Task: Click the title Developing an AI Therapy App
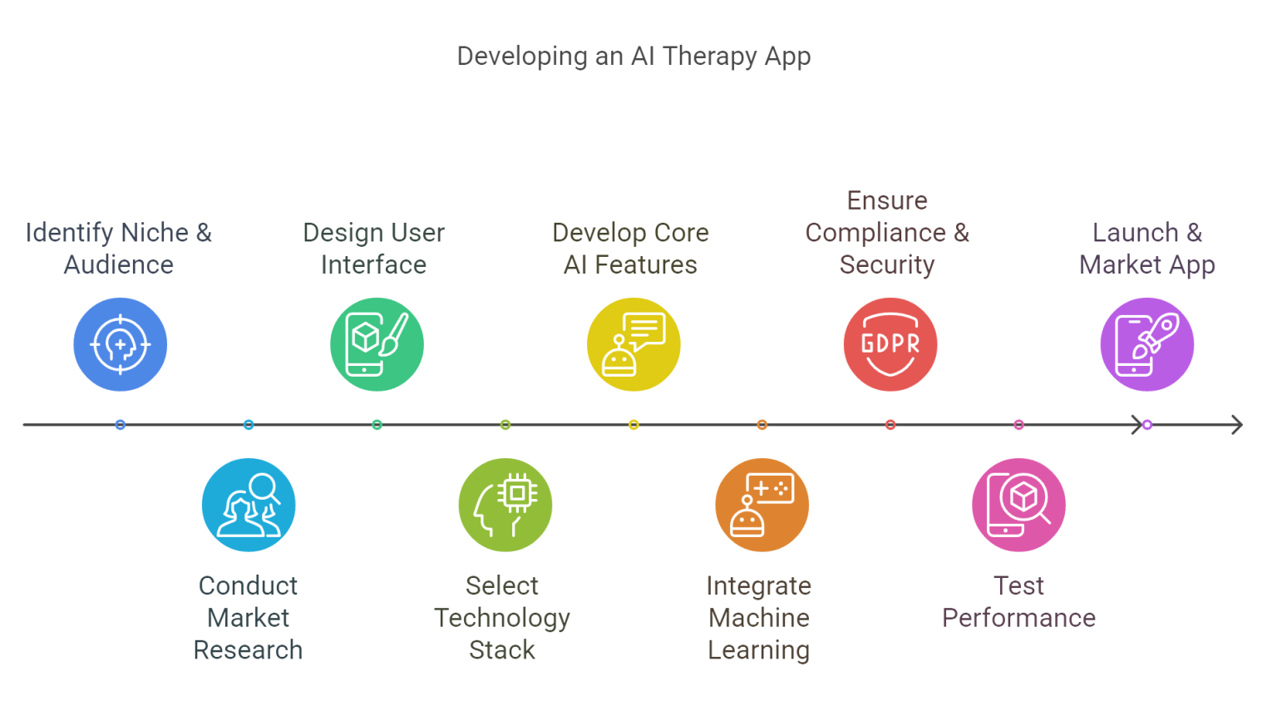pos(634,57)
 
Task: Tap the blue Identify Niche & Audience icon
pos(121,343)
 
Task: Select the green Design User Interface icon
pos(377,343)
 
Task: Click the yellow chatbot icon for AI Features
pos(634,343)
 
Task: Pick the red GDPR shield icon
pos(890,343)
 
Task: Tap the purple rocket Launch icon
pos(1147,343)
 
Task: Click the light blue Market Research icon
pos(249,504)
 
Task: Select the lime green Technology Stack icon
pos(505,504)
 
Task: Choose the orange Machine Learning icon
pos(762,504)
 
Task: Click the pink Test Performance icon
pos(1019,504)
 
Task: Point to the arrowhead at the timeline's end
pos(1238,425)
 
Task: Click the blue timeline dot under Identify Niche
pos(121,425)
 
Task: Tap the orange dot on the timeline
pos(762,425)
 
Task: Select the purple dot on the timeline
pos(1147,425)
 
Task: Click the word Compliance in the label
pos(875,233)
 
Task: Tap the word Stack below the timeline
pos(502,649)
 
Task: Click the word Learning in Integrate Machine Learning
pos(759,649)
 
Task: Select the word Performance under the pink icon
pos(1019,618)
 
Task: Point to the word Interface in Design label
pos(374,264)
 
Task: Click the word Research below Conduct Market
pos(249,649)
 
